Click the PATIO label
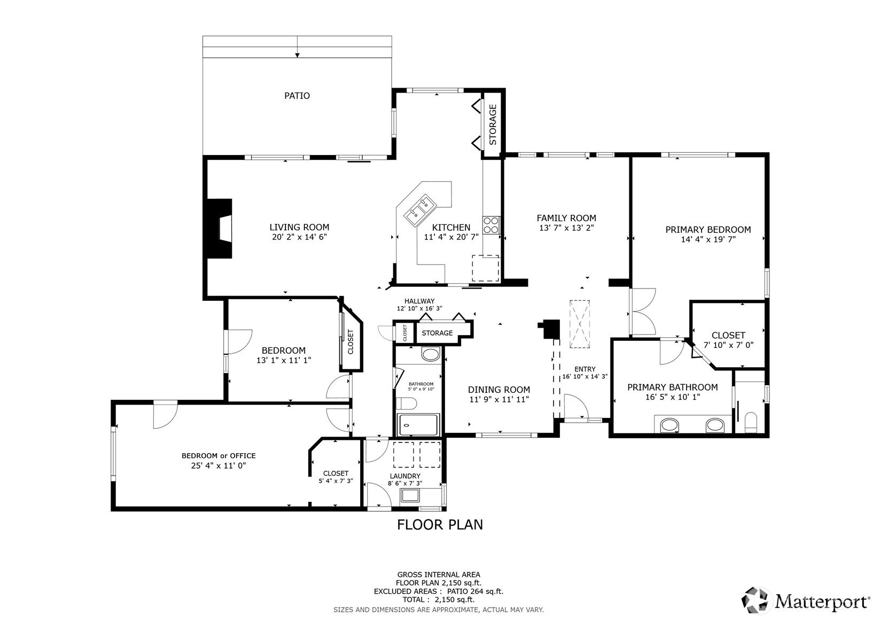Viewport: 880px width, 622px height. [x=297, y=96]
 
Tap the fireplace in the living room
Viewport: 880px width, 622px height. [x=220, y=228]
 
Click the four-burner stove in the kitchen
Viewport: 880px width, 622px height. [x=491, y=225]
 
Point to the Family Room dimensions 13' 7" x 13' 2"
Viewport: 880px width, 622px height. [x=566, y=228]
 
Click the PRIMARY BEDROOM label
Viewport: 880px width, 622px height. [x=708, y=229]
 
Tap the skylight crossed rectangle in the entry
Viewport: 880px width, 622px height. [x=580, y=324]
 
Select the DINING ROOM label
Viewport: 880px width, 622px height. [x=499, y=390]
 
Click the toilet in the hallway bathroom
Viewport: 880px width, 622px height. [x=406, y=403]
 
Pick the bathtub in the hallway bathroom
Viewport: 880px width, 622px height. [x=418, y=425]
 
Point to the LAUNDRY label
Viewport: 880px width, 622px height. [x=405, y=476]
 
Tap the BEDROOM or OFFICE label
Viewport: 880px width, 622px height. [x=219, y=456]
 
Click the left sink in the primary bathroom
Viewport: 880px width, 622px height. [x=669, y=425]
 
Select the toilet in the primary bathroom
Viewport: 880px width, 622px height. [x=751, y=422]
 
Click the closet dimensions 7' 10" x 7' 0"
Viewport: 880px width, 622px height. [x=728, y=345]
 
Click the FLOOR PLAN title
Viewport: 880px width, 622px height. [x=440, y=525]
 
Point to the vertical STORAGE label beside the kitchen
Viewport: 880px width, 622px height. [x=493, y=125]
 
